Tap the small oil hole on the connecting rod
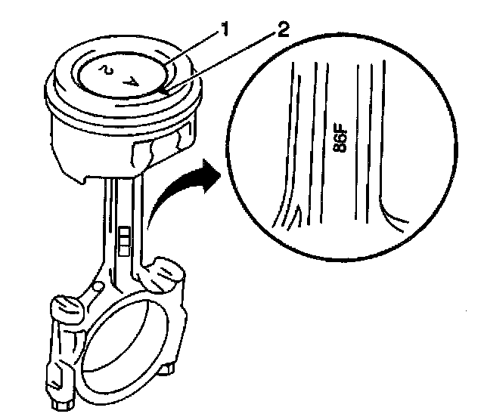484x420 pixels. (x=99, y=287)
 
